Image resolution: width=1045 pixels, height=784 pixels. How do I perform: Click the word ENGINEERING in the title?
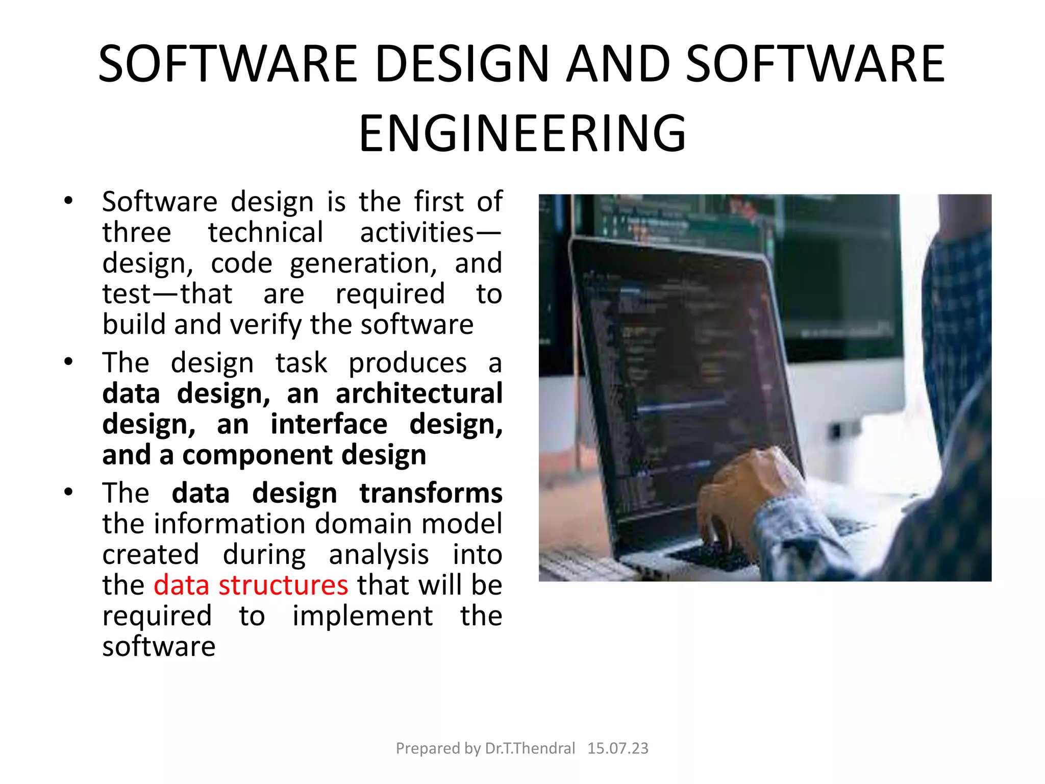click(x=522, y=134)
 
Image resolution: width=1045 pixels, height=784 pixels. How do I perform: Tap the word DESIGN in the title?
click(x=462, y=64)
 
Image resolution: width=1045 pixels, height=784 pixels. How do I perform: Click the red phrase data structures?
click(x=251, y=585)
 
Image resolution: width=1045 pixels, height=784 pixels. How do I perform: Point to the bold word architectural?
click(x=419, y=394)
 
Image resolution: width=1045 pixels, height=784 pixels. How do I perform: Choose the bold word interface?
click(x=329, y=424)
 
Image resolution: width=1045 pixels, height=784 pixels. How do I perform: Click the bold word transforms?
click(x=431, y=493)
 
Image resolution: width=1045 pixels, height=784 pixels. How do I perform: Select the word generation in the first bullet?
click(x=363, y=263)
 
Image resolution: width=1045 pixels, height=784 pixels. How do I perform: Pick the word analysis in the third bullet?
click(x=379, y=554)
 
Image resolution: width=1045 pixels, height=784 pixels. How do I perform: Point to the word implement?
click(x=362, y=616)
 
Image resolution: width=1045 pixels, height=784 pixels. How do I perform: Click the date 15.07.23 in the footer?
click(x=617, y=748)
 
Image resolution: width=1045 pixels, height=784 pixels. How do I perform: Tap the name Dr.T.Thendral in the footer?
click(x=530, y=748)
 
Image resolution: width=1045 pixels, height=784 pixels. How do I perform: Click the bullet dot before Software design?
click(x=68, y=200)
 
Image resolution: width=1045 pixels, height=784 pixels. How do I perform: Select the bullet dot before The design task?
click(x=68, y=361)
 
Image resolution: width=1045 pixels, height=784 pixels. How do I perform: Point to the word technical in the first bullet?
click(x=265, y=233)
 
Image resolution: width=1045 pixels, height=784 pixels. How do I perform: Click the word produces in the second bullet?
click(x=407, y=363)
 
